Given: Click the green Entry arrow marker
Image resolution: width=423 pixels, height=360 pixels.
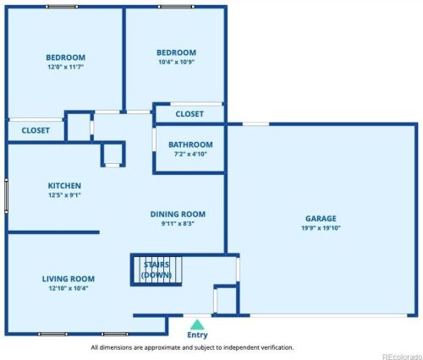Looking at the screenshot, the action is (x=197, y=325).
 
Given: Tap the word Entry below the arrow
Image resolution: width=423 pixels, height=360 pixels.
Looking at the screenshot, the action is (x=197, y=335).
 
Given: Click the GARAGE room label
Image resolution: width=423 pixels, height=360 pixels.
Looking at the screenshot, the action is (x=321, y=219).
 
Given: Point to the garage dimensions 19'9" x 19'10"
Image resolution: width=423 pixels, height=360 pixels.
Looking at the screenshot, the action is (x=321, y=228).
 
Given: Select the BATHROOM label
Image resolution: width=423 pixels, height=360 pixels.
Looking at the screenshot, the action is (x=190, y=145).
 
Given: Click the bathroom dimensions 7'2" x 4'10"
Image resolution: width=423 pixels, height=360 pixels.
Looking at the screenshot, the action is (x=190, y=154).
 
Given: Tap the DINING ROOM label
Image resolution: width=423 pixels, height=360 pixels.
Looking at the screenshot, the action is (x=178, y=215).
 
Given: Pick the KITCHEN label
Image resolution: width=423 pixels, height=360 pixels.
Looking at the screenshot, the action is (x=64, y=186).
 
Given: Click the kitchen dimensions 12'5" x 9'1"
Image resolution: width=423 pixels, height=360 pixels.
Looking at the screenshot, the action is (x=64, y=195).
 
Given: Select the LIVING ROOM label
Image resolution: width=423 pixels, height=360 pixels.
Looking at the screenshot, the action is (x=69, y=279).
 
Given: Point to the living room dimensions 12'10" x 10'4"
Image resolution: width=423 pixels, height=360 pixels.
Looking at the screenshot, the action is (x=69, y=288).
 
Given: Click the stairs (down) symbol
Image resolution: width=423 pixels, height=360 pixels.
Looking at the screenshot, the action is (x=157, y=270).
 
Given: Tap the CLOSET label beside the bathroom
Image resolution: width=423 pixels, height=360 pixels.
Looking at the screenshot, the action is (x=190, y=114).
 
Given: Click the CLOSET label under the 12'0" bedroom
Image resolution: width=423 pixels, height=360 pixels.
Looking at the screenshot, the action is (x=36, y=130).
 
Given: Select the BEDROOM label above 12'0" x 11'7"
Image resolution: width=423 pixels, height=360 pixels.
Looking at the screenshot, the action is (x=66, y=57).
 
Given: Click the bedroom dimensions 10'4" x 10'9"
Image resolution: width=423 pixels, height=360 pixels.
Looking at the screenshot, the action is (x=177, y=62).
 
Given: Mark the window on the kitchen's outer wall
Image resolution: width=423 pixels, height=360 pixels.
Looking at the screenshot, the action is (x=6, y=195).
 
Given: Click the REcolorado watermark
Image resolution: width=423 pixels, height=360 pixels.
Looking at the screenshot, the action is (x=402, y=357).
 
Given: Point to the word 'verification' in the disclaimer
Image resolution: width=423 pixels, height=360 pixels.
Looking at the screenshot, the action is (x=277, y=347).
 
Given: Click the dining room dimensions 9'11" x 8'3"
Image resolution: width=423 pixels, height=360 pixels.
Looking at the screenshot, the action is (x=178, y=224).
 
